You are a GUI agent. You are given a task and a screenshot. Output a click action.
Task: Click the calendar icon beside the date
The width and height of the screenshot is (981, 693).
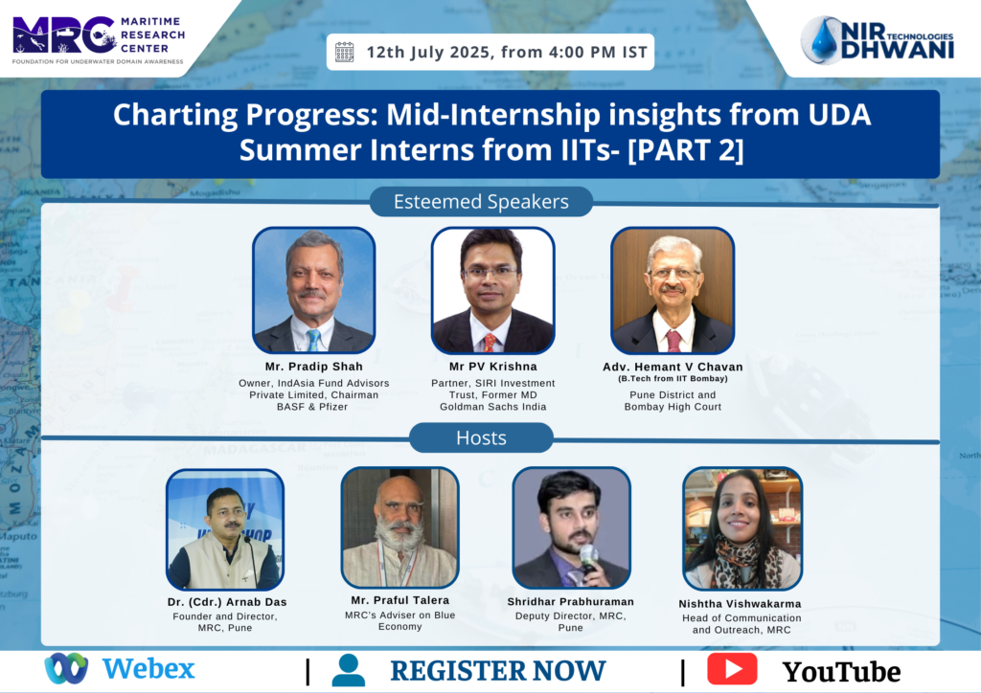click(345, 52)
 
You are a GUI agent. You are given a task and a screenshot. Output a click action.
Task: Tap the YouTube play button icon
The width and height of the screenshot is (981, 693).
click(732, 669)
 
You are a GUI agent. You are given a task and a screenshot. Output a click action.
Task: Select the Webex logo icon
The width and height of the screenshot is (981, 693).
click(66, 668)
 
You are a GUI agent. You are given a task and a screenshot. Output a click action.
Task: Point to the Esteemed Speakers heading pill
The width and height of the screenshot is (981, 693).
click(481, 201)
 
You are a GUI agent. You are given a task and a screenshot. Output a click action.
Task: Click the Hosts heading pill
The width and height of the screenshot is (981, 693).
click(481, 437)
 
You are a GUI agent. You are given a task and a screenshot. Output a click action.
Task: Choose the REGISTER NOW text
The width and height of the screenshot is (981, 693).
click(498, 670)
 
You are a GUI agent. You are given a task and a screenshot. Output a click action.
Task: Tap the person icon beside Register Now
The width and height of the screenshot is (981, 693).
click(348, 670)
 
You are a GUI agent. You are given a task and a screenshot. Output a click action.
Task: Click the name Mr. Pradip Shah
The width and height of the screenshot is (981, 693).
click(313, 367)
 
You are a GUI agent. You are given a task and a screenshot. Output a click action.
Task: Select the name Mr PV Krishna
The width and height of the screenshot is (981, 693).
click(493, 367)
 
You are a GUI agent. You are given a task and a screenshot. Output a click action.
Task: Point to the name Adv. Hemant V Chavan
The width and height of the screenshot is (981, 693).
click(673, 367)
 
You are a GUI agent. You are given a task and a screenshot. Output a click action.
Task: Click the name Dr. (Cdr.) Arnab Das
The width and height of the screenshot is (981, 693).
click(227, 602)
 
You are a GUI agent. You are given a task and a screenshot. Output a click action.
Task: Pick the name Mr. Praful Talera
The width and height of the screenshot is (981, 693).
click(399, 600)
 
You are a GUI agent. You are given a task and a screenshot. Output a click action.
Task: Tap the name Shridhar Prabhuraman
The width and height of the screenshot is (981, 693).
click(571, 602)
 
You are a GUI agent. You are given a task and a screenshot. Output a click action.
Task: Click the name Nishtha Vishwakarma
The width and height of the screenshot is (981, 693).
click(741, 604)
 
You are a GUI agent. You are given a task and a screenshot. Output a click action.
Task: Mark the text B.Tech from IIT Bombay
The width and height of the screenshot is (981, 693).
click(673, 379)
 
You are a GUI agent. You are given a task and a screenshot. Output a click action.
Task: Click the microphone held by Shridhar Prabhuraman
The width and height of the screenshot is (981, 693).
click(588, 558)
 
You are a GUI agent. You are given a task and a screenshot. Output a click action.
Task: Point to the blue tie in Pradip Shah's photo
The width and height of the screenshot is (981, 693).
click(313, 339)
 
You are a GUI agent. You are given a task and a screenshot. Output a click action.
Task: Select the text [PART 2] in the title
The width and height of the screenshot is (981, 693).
click(686, 150)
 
